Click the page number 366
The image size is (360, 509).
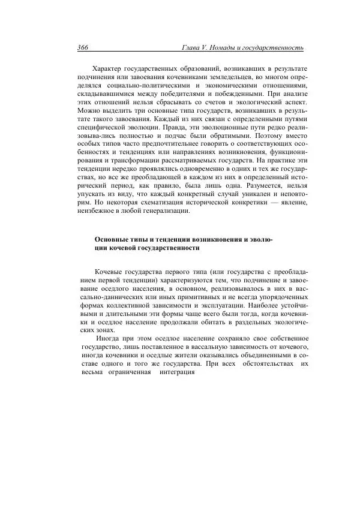click(x=83, y=47)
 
